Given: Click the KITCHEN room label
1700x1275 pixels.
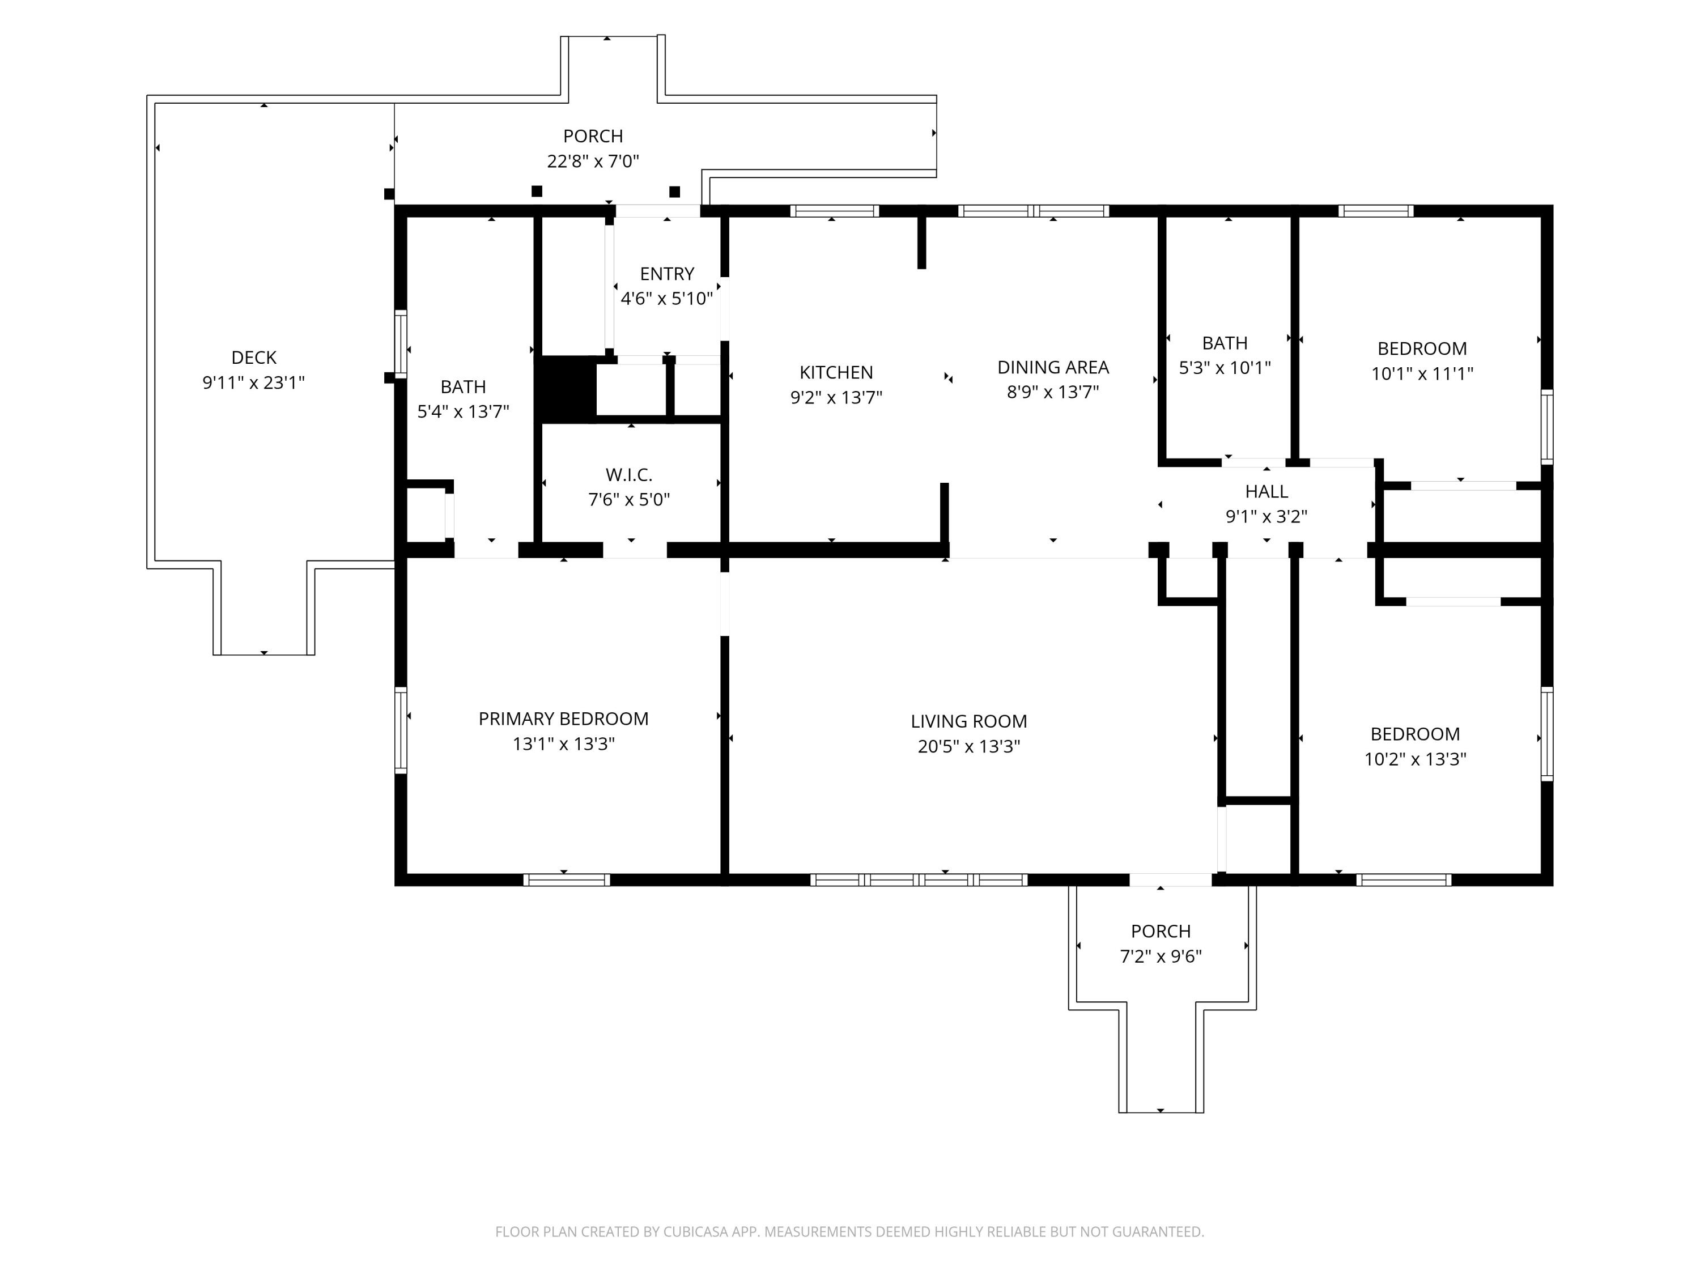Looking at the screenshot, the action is click(836, 373).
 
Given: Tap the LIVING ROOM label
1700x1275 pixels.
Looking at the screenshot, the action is click(968, 722).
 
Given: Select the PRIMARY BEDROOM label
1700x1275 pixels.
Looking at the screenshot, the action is click(563, 719).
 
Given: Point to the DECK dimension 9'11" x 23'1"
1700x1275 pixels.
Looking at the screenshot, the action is click(254, 382).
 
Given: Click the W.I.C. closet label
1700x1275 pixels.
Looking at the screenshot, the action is click(628, 475).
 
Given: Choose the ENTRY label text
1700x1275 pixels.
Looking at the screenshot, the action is click(667, 274).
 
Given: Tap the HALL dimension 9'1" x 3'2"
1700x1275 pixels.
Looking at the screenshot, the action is click(1266, 516).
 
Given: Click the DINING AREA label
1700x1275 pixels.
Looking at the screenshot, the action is click(1053, 367).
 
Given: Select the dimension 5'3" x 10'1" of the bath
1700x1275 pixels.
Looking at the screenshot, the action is click(1225, 367).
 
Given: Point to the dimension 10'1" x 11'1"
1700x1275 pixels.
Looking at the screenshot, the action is click(1422, 373).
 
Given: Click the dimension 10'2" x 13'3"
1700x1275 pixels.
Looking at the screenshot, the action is click(1415, 759).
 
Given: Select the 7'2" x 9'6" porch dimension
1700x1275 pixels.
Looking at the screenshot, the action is click(1161, 957).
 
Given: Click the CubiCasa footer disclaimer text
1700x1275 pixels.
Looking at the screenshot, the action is click(849, 1232).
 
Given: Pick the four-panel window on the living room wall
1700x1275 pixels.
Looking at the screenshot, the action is click(919, 880).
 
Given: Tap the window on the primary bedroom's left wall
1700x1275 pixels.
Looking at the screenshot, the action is click(401, 729).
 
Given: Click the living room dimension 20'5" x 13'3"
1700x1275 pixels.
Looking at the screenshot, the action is click(968, 746).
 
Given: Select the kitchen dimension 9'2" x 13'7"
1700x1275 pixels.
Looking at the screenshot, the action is click(836, 397).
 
